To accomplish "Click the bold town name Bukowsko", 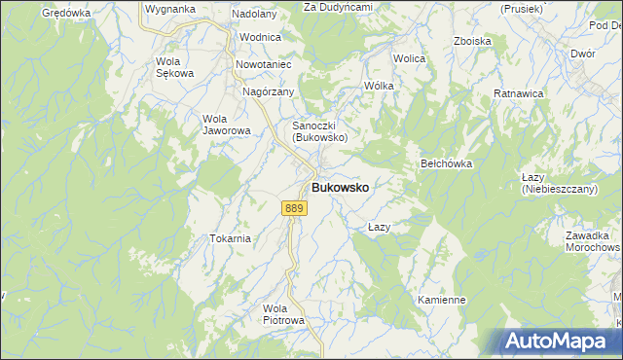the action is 340,187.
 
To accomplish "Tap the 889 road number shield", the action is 295,208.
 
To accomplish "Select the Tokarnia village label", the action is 231,238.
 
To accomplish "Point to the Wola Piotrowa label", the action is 284,314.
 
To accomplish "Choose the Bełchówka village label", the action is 446,163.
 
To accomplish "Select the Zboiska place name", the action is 473,42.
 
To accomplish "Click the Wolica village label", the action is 410,58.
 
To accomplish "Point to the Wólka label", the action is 379,86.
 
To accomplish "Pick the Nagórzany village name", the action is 268,91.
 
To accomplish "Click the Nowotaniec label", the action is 264,64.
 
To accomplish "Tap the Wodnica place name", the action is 260,37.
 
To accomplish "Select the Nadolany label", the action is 254,15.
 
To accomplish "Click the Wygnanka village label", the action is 169,9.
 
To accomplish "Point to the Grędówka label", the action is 67,13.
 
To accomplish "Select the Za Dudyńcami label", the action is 338,7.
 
